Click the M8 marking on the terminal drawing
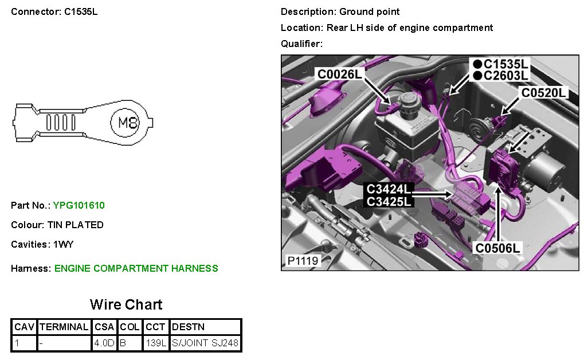[128, 122]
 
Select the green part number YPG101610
[79, 205]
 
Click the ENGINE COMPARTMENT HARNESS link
[136, 268]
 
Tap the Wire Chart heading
[126, 304]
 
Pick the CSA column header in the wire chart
[104, 327]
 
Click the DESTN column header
[188, 327]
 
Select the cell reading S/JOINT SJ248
[205, 343]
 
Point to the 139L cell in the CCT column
[156, 343]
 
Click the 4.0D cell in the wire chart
[104, 343]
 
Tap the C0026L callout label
[340, 74]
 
